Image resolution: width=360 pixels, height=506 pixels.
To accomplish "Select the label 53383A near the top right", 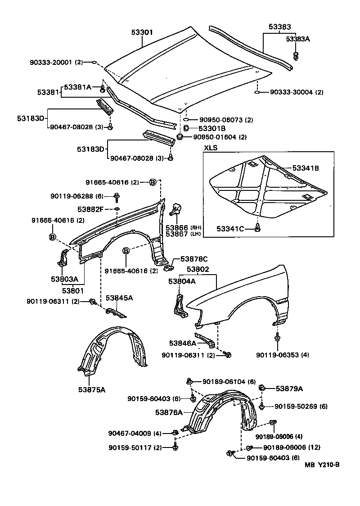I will point(298,39).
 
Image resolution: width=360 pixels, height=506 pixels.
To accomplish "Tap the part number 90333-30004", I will point(291,92).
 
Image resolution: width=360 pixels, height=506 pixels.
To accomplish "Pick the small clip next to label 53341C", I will point(257,228).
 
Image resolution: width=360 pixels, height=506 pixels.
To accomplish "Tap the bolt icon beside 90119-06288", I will point(117,196).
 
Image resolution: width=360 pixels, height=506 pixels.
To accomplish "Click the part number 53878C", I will point(194,259).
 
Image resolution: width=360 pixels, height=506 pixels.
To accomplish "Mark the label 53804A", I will point(182,281).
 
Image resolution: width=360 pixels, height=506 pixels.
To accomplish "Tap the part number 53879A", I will point(289,389).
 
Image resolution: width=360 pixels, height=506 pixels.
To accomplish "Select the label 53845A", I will point(119,298).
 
